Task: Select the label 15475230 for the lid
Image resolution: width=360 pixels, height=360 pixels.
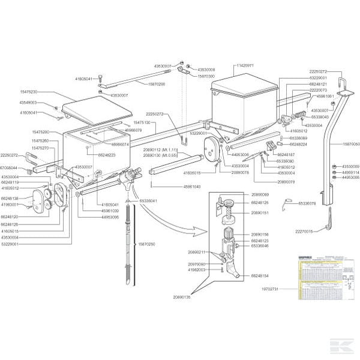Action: [29, 92]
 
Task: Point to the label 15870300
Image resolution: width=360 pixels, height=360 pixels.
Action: [206, 76]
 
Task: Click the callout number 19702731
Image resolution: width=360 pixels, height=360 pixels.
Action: [280, 289]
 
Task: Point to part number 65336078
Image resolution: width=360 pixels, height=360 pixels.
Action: [306, 203]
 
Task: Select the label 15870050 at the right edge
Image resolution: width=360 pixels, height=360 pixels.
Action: [351, 144]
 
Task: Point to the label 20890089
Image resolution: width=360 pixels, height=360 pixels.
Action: [261, 195]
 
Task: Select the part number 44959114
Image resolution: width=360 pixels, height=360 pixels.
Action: [351, 172]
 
